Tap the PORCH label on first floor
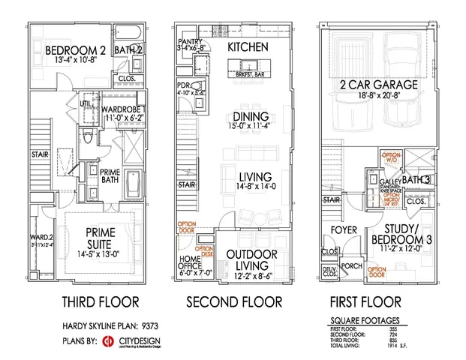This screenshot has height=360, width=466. coord(352,265)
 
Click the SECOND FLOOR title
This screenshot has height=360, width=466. coord(234,302)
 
